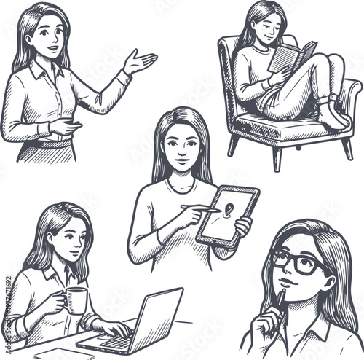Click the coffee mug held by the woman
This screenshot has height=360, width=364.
74,300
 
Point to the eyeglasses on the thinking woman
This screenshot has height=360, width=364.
298,261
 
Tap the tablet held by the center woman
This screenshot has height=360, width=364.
229,215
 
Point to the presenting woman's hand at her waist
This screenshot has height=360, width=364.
65,126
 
